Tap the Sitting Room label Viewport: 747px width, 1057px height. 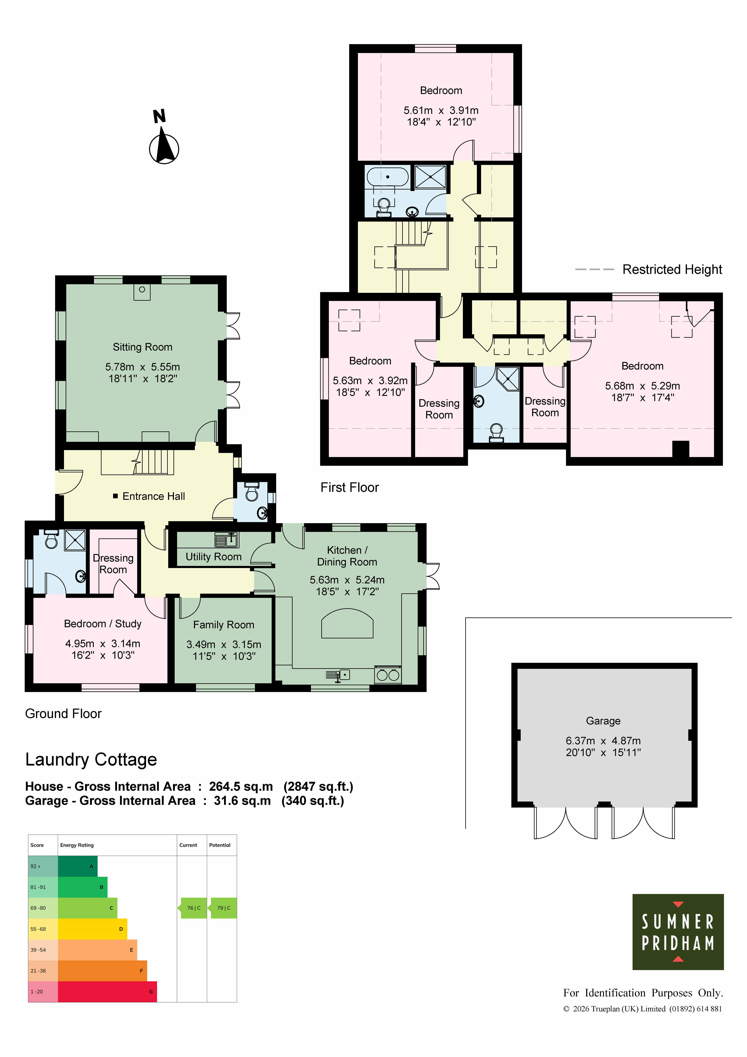(143, 347)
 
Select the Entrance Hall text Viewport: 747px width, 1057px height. (154, 496)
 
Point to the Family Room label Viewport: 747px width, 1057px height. (224, 625)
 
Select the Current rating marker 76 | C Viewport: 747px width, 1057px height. (193, 908)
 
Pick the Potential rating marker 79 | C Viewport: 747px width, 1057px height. (224, 908)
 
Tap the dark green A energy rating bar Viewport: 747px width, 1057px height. (78, 866)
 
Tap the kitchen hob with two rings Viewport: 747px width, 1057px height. (388, 675)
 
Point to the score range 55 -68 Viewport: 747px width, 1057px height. (38, 929)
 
